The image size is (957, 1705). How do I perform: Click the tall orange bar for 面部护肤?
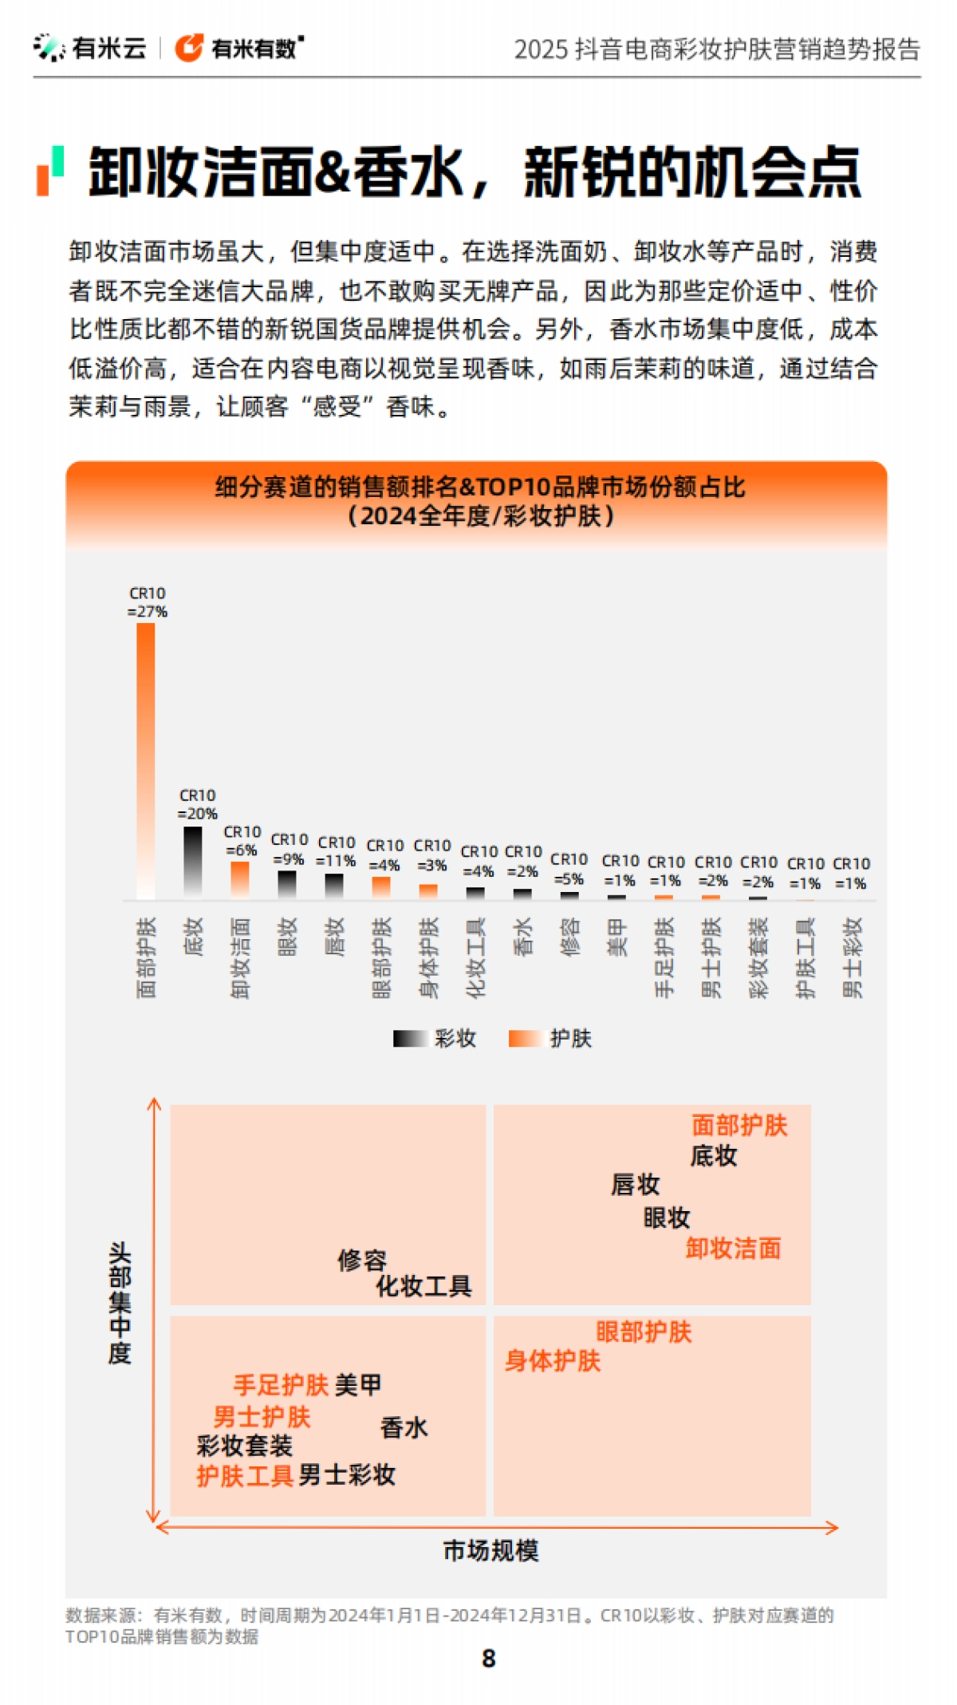[x=146, y=758]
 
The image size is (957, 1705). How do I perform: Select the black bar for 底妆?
[x=193, y=862]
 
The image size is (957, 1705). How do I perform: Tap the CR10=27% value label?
[x=148, y=603]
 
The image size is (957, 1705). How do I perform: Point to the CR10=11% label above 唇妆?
[x=336, y=851]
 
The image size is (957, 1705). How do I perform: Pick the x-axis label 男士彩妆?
[x=853, y=957]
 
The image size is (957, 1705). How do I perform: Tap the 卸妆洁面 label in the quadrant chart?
[x=733, y=1248]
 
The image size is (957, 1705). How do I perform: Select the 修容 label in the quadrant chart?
[x=362, y=1260]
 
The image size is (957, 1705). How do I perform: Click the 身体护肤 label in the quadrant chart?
[x=552, y=1360]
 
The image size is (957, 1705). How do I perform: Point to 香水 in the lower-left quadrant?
[x=404, y=1427]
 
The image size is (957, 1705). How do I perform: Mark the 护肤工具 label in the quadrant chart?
[x=245, y=1475]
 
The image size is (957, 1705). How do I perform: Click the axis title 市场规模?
[x=490, y=1550]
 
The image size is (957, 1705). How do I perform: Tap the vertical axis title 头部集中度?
[x=120, y=1302]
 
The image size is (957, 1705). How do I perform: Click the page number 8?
[x=489, y=1659]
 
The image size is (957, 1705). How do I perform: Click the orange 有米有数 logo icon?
[x=189, y=48]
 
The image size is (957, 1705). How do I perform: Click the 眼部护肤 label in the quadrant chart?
[x=644, y=1332]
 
